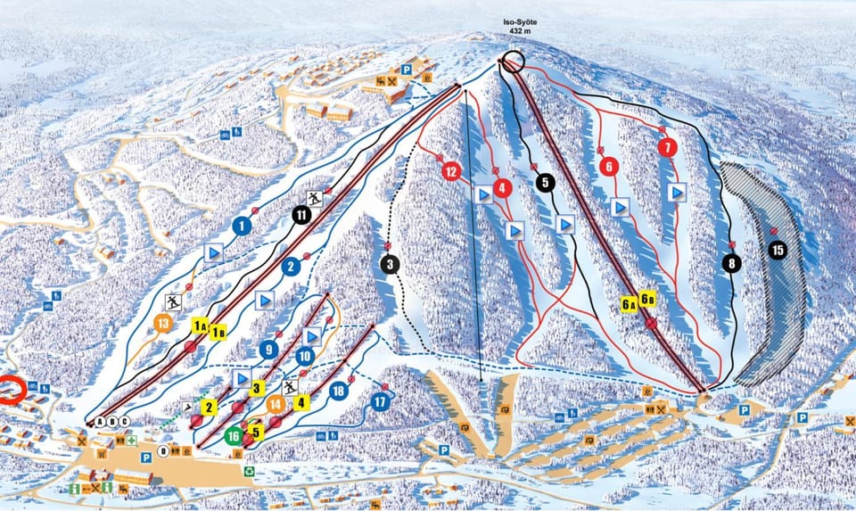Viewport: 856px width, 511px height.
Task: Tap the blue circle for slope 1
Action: pos(240,227)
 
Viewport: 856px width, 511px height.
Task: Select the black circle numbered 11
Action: pos(301,214)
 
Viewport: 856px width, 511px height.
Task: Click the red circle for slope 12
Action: pos(450,170)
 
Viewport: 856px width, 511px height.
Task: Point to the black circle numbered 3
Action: pos(389,264)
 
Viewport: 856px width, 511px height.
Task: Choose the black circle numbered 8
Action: pos(732,263)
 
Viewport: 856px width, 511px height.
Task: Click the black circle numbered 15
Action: pos(778,251)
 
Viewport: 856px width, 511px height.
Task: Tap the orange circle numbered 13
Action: pos(162,323)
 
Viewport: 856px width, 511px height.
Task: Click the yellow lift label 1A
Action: pos(199,327)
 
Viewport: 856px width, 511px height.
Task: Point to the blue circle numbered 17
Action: pos(382,403)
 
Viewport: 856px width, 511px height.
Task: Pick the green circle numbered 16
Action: pos(234,436)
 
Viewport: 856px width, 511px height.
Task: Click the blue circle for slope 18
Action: pos(338,390)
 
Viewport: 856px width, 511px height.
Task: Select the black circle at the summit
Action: pos(512,62)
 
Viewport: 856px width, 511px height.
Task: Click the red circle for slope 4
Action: pos(504,188)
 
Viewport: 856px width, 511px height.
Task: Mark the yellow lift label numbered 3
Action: pos(257,388)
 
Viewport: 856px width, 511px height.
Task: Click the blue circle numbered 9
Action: pos(268,350)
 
